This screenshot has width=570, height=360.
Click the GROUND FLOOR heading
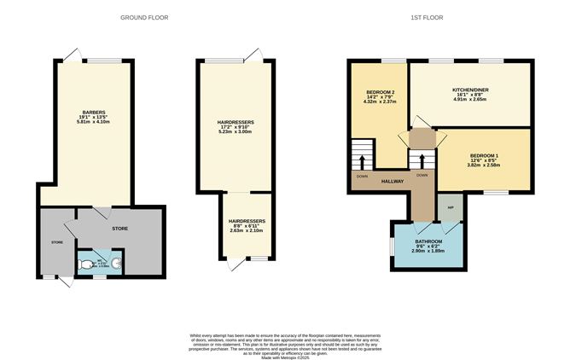point(144,17)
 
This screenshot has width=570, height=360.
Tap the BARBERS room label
point(94,112)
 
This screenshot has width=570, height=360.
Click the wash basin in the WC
point(116,264)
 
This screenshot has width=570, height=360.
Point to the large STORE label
point(119,228)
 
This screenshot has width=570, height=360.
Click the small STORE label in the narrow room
point(57,242)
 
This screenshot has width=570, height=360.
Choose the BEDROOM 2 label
point(380,92)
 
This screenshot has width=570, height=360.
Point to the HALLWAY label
point(392,182)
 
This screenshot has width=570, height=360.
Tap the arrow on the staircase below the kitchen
point(418,160)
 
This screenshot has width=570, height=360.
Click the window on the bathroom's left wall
point(392,246)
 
